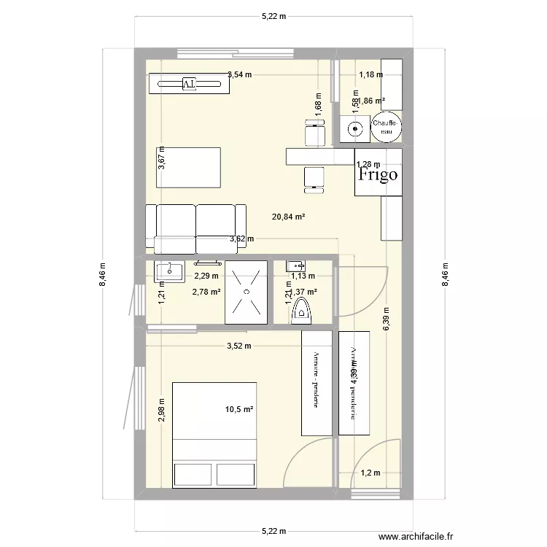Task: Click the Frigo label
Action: pyautogui.click(x=378, y=174)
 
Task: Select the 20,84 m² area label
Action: pyautogui.click(x=288, y=217)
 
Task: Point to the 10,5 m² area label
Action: pyautogui.click(x=239, y=409)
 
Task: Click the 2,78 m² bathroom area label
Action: pyautogui.click(x=206, y=292)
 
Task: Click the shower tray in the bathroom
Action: pyautogui.click(x=245, y=292)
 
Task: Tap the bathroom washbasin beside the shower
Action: pyautogui.click(x=169, y=271)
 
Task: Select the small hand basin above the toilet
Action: pyautogui.click(x=295, y=265)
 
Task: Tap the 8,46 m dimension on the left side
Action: pyautogui.click(x=102, y=275)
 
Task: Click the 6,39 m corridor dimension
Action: pyautogui.click(x=387, y=318)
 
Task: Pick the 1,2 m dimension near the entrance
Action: pyautogui.click(x=370, y=473)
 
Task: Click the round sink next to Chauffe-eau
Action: pyautogui.click(x=354, y=130)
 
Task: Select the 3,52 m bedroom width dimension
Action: pyautogui.click(x=238, y=346)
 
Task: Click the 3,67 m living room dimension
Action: pyautogui.click(x=161, y=158)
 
